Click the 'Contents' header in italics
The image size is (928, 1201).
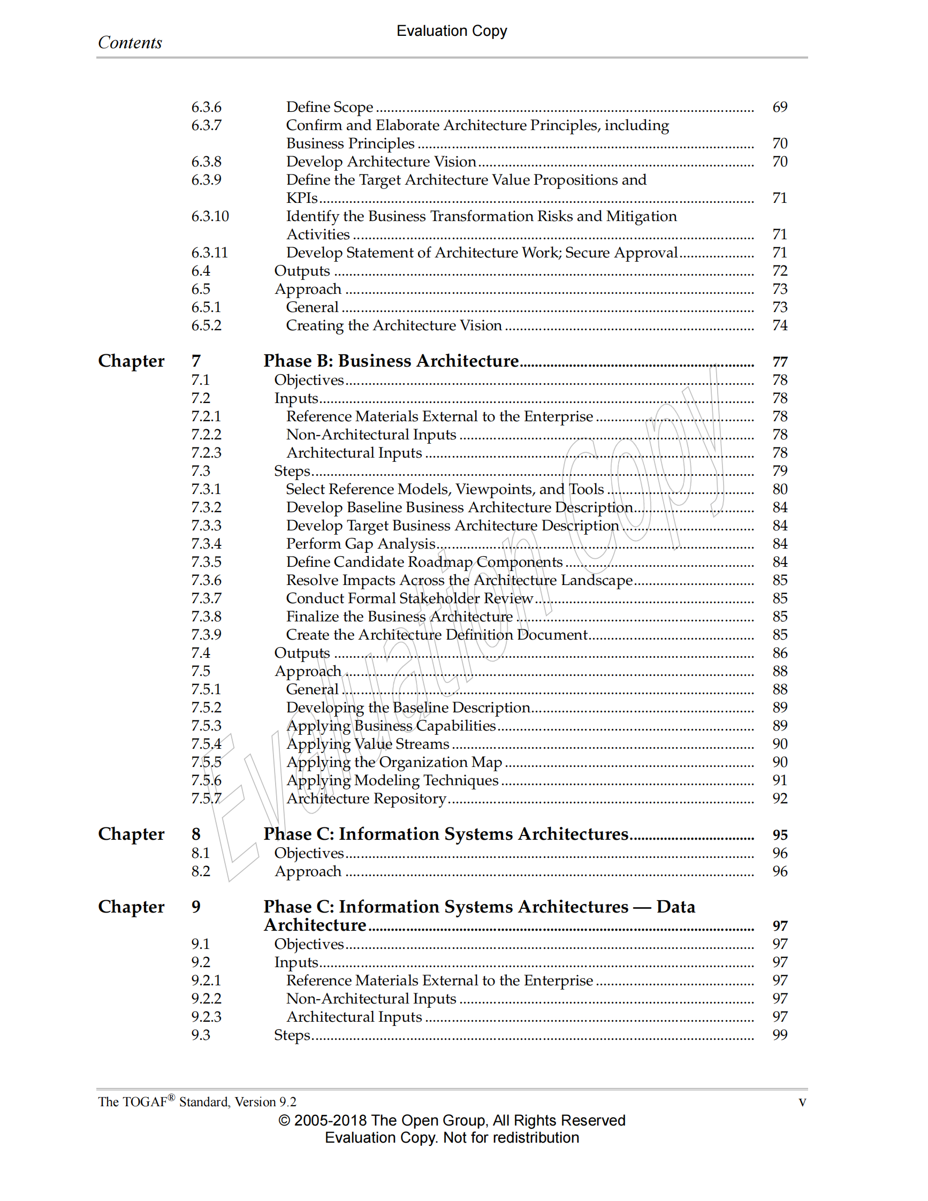click(130, 42)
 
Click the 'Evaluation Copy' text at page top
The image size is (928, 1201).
click(451, 31)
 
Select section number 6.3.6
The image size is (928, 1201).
click(206, 107)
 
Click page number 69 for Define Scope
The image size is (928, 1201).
click(780, 107)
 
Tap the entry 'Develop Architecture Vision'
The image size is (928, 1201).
click(381, 162)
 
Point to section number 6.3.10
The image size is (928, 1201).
click(210, 216)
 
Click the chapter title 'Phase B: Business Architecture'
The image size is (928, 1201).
click(391, 361)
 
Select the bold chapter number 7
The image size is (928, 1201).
click(196, 361)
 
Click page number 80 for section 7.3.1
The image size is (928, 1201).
click(780, 489)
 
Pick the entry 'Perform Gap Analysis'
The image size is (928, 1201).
click(361, 544)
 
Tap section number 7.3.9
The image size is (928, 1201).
click(206, 635)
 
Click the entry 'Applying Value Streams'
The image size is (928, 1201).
click(368, 744)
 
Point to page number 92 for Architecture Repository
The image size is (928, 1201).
click(780, 799)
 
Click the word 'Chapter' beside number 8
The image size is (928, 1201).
click(131, 834)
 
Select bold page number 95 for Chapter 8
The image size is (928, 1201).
click(780, 835)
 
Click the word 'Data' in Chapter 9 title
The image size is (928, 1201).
click(675, 907)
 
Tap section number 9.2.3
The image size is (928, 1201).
click(206, 1017)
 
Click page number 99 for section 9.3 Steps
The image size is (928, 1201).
click(780, 1035)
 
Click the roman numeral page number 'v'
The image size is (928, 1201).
click(802, 1102)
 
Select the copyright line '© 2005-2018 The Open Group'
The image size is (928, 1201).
click(451, 1121)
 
